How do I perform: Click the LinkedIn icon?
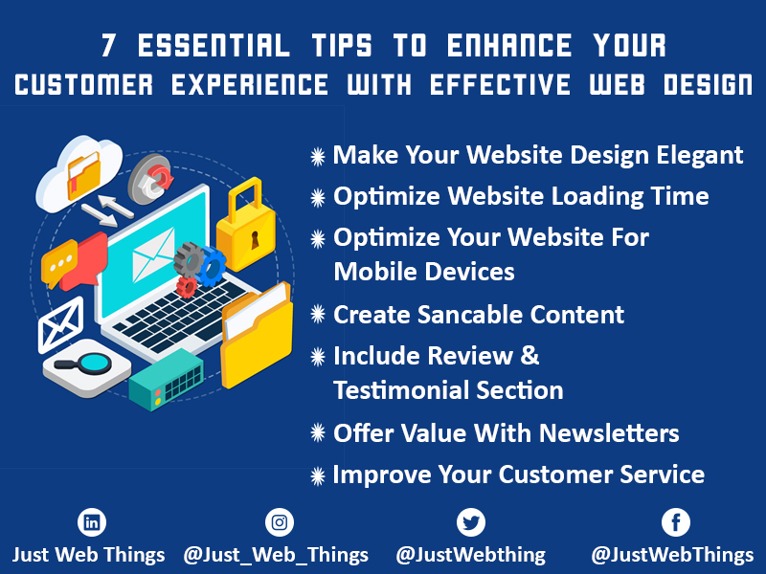[x=92, y=522]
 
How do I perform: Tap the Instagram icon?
[x=280, y=522]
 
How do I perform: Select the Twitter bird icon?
[x=470, y=522]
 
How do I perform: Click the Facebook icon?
[x=676, y=522]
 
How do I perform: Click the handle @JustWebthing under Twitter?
[x=470, y=554]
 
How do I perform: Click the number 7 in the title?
[x=109, y=45]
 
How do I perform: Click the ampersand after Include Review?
[x=529, y=356]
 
